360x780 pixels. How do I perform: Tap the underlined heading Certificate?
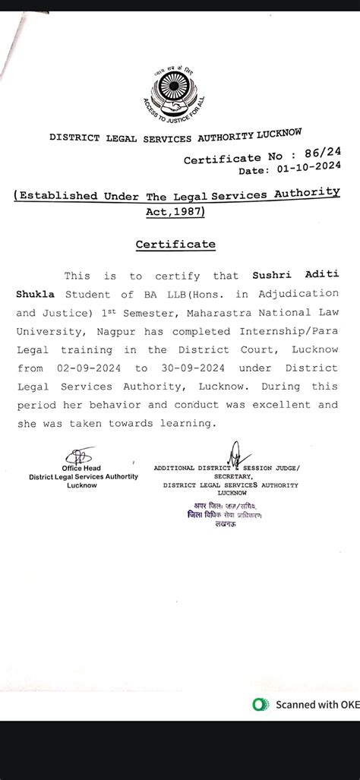click(175, 245)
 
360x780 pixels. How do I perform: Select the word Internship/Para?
click(297, 331)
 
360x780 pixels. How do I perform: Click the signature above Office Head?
click(78, 456)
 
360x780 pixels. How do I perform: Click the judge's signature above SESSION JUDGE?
click(233, 456)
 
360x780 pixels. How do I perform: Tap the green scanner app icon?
click(261, 705)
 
